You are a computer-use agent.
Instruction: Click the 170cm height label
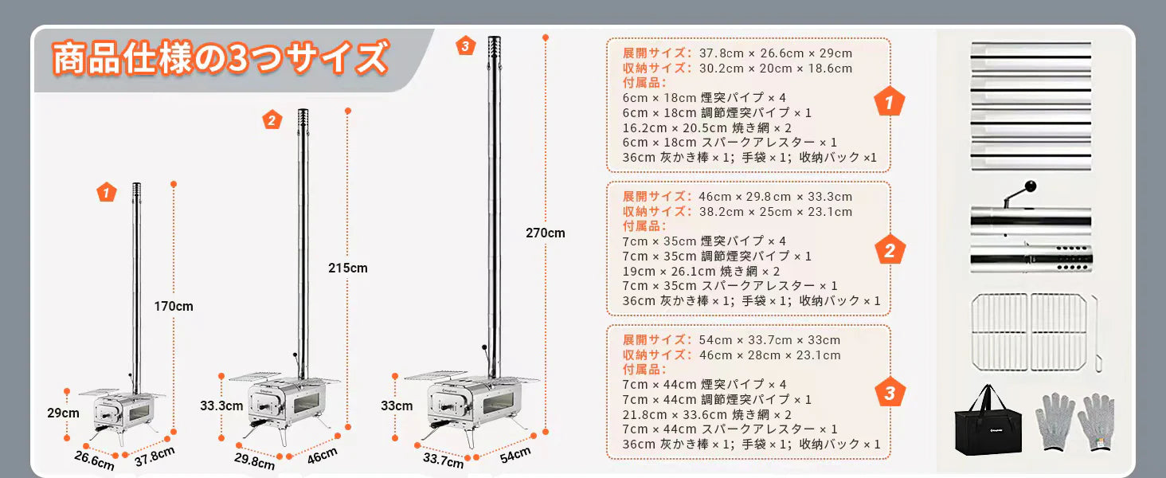pyautogui.click(x=174, y=306)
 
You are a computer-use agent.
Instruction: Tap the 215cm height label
pyautogui.click(x=348, y=268)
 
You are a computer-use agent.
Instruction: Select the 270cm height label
pyautogui.click(x=545, y=233)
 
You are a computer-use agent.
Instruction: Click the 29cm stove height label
pyautogui.click(x=63, y=413)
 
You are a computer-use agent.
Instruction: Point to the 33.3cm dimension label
pyautogui.click(x=221, y=406)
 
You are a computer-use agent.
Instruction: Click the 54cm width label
pyautogui.click(x=515, y=455)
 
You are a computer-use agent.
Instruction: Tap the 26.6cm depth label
pyautogui.click(x=94, y=460)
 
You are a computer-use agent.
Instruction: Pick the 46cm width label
pyautogui.click(x=322, y=456)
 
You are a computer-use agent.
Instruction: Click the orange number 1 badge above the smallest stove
pyautogui.click(x=106, y=193)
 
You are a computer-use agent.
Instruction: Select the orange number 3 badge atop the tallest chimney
pyautogui.click(x=465, y=46)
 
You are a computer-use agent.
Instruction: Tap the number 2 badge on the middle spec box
pyautogui.click(x=890, y=250)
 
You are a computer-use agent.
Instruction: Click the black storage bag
pyautogui.click(x=988, y=421)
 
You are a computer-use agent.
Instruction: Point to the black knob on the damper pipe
pyautogui.click(x=1030, y=186)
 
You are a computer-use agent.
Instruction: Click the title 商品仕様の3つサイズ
pyautogui.click(x=220, y=58)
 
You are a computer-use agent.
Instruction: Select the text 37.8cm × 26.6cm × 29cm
pyautogui.click(x=776, y=53)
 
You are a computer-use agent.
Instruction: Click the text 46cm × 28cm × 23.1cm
pyautogui.click(x=769, y=355)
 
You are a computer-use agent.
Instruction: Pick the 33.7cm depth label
pyautogui.click(x=443, y=460)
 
